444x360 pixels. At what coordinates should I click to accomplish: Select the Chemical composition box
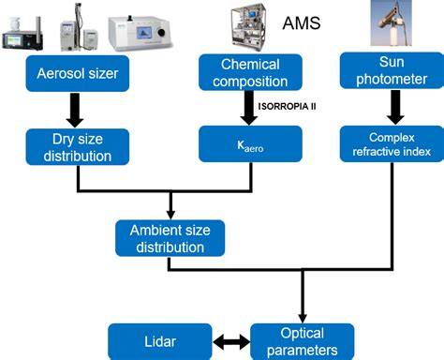[x=250, y=72]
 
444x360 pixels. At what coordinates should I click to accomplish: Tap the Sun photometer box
[x=385, y=72]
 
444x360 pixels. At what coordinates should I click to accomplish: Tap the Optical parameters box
[x=302, y=340]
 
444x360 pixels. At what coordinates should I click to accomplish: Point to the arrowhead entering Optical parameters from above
[x=302, y=316]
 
